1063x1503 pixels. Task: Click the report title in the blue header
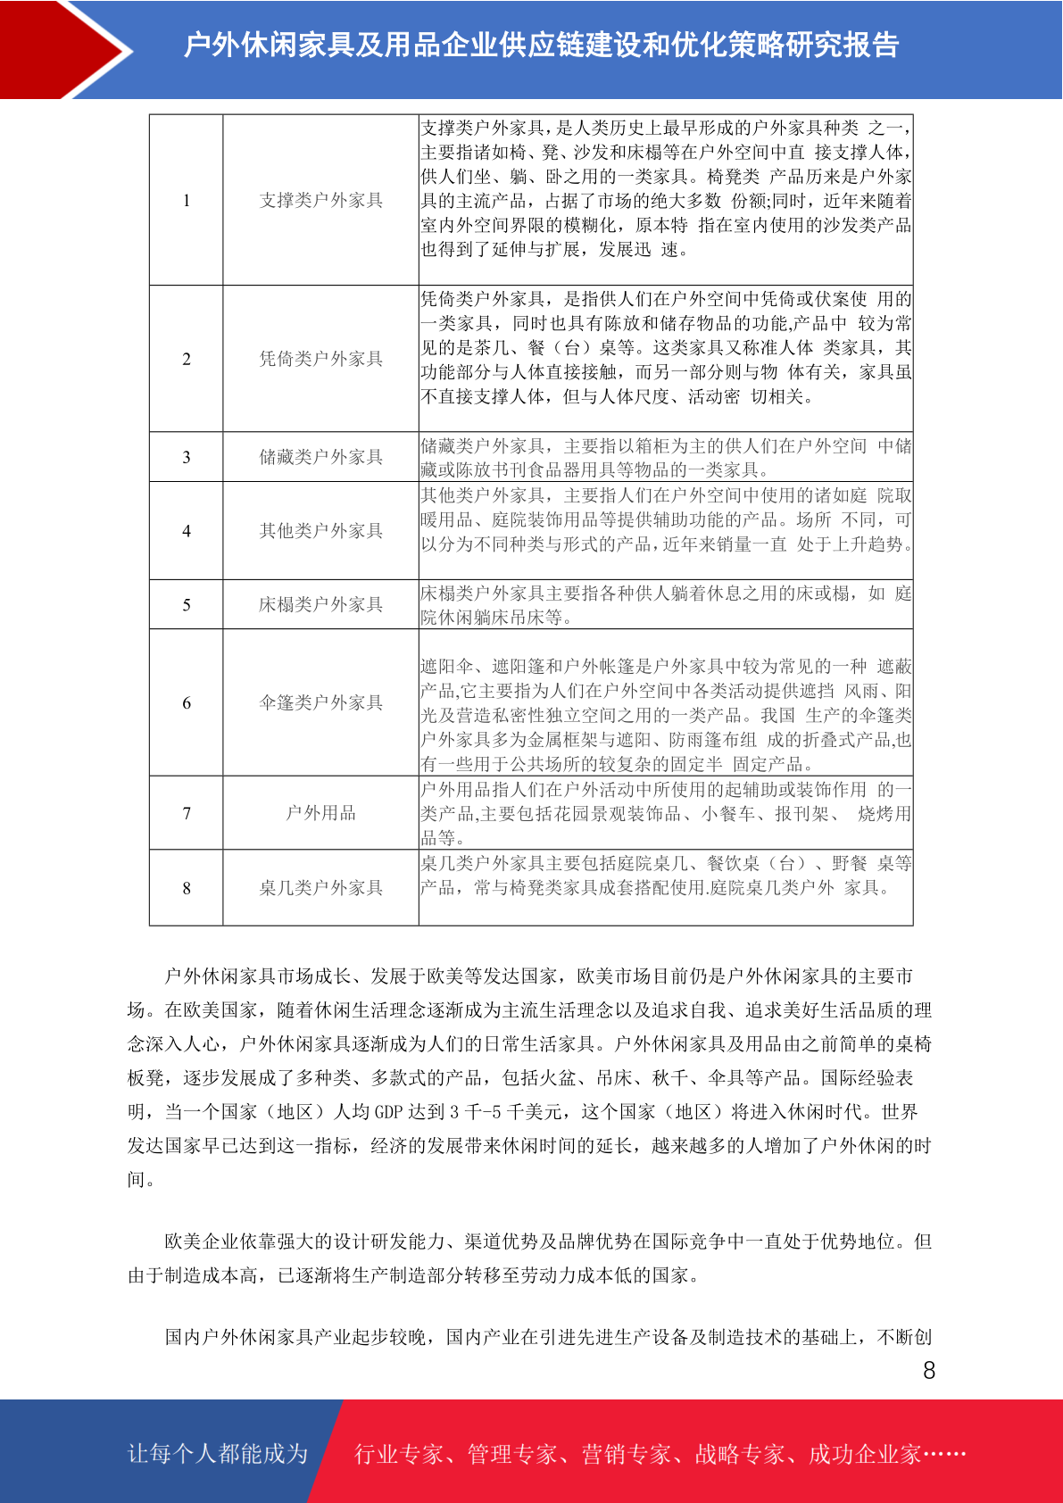pyautogui.click(x=541, y=46)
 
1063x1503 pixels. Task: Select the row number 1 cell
pyautogui.click(x=187, y=201)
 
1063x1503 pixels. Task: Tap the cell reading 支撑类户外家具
pyautogui.click(x=320, y=201)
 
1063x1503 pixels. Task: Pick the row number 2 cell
pyautogui.click(x=187, y=359)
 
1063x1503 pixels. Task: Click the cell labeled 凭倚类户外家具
pyautogui.click(x=320, y=359)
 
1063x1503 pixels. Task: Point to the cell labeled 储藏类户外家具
pyautogui.click(x=320, y=457)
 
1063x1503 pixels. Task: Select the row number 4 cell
pyautogui.click(x=187, y=531)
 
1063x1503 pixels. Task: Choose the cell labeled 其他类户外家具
pyautogui.click(x=320, y=531)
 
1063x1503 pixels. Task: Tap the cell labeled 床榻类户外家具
pyautogui.click(x=320, y=605)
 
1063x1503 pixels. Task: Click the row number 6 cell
pyautogui.click(x=187, y=703)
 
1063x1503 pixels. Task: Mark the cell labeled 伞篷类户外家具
pyautogui.click(x=320, y=703)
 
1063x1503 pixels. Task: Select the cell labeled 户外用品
pyautogui.click(x=320, y=813)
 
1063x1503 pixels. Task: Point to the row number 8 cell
pyautogui.click(x=187, y=888)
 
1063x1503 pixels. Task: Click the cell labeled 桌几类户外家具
pyautogui.click(x=320, y=888)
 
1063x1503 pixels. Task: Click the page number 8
pyautogui.click(x=929, y=1371)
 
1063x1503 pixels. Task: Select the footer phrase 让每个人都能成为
pyautogui.click(x=218, y=1454)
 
